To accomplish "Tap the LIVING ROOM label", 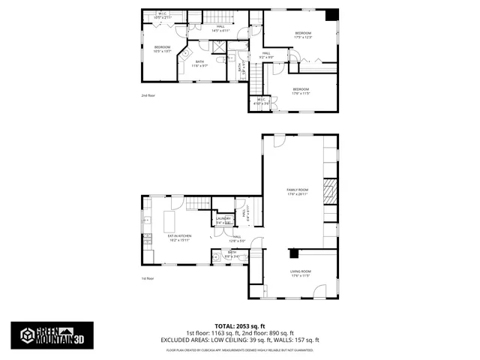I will [x=300, y=273].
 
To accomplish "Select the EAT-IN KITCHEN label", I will [x=179, y=238].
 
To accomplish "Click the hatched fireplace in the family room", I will [x=330, y=191].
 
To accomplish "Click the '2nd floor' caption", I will [x=147, y=96].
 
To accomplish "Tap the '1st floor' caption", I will [x=147, y=278].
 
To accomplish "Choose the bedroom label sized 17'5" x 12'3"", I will [x=303, y=34].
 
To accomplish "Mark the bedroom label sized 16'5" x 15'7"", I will [x=163, y=49].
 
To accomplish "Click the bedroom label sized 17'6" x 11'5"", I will [x=301, y=91].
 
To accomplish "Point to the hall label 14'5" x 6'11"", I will [x=220, y=28].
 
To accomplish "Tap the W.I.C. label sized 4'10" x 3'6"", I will [x=262, y=100].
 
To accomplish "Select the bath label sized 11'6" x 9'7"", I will [x=199, y=64].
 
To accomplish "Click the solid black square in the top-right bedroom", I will [x=332, y=15].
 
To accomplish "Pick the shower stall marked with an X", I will [x=217, y=47].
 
